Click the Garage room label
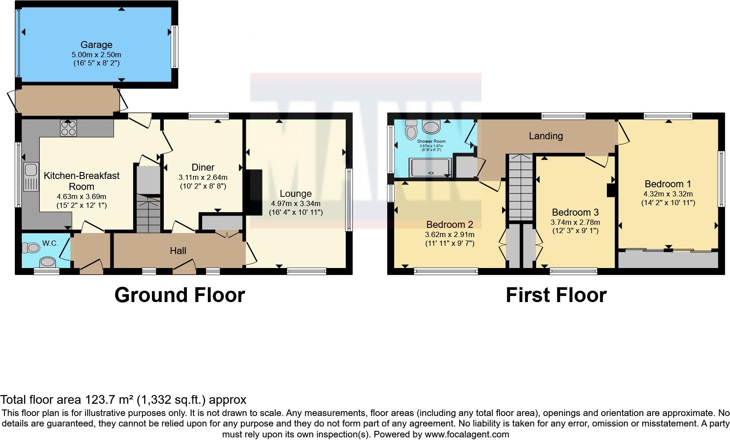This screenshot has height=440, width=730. (x=96, y=45)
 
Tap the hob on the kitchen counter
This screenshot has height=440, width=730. (x=69, y=128)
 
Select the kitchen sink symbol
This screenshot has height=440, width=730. (x=31, y=177)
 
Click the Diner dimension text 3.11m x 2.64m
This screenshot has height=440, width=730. (x=203, y=178)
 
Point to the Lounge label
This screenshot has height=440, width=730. (x=296, y=193)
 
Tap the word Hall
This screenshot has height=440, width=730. (x=178, y=251)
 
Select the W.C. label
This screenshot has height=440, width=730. (x=50, y=243)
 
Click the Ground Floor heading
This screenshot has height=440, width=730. (x=179, y=295)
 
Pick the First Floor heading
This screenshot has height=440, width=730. (x=556, y=295)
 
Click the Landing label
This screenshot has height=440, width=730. (x=545, y=136)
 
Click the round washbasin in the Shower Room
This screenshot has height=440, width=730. (x=431, y=127)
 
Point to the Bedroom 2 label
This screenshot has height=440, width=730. (x=450, y=224)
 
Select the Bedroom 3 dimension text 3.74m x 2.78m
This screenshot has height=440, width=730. (x=575, y=222)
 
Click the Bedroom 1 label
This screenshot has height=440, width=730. (x=668, y=184)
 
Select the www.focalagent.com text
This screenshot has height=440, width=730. (x=467, y=434)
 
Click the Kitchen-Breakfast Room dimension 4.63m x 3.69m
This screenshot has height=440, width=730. (x=81, y=196)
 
